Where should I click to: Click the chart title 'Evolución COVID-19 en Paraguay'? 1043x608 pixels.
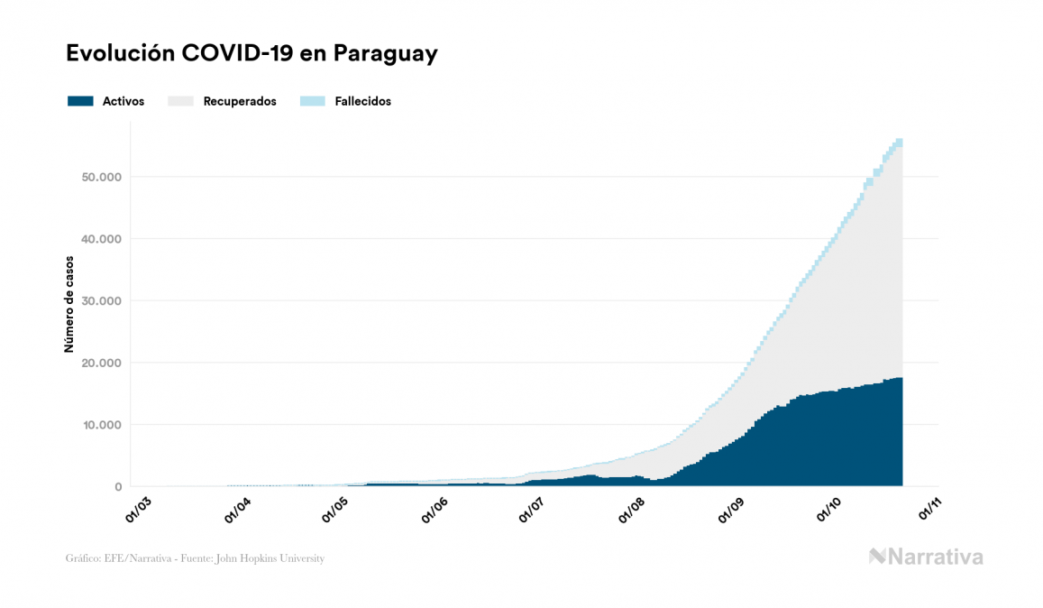(252, 53)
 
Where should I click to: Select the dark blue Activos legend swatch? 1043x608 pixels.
(80, 101)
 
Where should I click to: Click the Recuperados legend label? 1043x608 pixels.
(240, 101)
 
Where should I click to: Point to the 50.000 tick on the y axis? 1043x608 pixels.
(100, 177)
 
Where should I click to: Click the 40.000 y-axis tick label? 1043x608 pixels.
(100, 239)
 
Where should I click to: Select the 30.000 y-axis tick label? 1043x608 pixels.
(100, 301)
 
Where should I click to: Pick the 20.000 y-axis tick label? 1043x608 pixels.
(100, 363)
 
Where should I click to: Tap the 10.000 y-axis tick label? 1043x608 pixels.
(100, 425)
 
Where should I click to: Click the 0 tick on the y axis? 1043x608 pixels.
(117, 487)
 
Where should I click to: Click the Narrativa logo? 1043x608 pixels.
(926, 557)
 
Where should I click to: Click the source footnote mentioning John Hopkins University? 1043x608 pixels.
(195, 558)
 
